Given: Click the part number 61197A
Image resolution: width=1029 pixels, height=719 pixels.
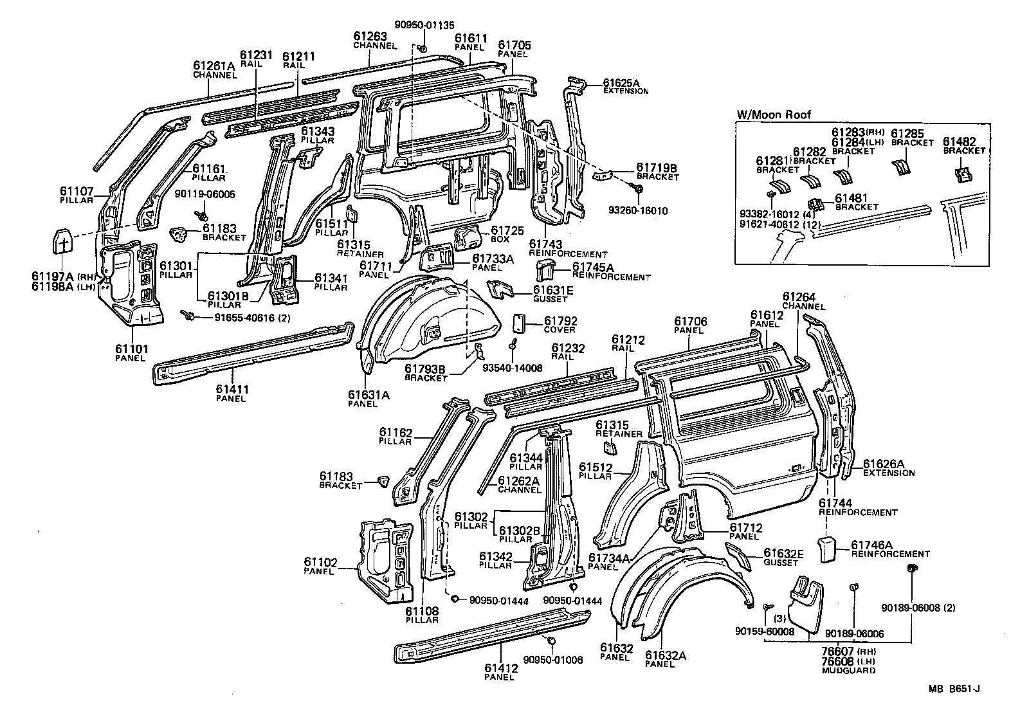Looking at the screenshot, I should point(53,276).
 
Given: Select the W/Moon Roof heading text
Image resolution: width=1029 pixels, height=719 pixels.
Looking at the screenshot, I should point(774,115).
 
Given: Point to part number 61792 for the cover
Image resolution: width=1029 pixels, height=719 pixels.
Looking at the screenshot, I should point(561,321).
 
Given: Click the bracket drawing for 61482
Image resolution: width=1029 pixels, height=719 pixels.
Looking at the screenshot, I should point(962,174).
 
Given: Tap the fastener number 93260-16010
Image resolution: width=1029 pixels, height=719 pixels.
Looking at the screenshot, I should point(643,210).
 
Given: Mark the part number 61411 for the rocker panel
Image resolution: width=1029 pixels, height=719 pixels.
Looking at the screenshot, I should point(232,389).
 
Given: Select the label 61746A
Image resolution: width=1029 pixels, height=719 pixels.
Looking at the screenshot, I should point(873,544).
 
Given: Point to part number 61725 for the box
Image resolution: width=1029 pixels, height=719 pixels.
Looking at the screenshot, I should point(507,230).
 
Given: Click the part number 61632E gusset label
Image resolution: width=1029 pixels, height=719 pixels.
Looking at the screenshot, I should point(784,554).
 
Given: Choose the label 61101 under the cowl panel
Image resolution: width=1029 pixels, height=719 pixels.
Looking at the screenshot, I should point(132,349).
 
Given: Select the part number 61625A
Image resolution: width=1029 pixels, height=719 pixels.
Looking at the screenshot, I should point(621,83).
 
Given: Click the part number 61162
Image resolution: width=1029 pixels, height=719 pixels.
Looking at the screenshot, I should point(396,433).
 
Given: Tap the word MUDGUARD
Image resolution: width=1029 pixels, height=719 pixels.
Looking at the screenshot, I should point(849,670).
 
